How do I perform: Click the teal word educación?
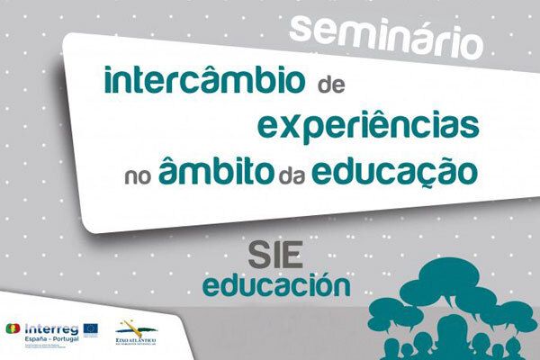click(x=276, y=287)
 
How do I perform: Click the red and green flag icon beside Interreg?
click(x=14, y=329)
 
